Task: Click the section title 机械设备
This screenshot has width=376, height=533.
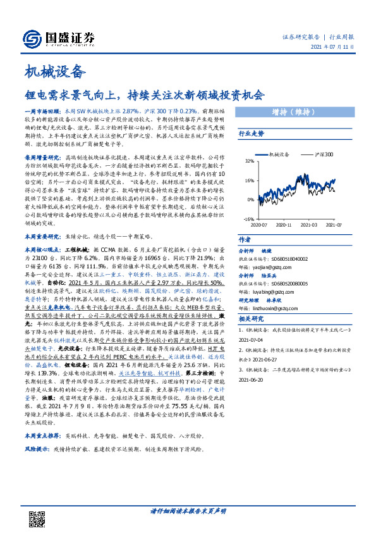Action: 54,71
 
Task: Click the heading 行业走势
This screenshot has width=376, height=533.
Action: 251,134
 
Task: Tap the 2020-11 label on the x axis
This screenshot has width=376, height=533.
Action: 284,225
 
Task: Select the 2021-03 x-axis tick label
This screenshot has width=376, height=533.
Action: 309,225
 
